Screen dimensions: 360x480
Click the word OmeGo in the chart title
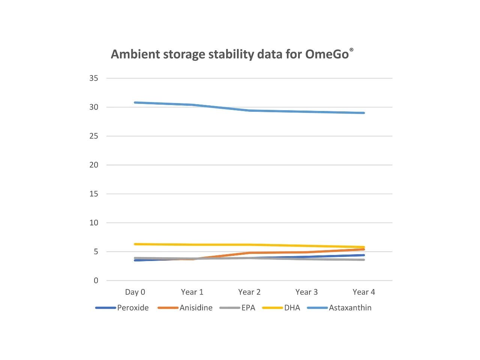(x=327, y=54)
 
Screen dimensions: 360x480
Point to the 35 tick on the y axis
(x=94, y=78)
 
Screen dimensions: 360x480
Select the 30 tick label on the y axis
(x=94, y=107)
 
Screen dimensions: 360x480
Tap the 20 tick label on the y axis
(x=94, y=165)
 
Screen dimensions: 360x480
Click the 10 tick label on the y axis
(x=94, y=223)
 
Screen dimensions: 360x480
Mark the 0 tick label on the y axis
(x=96, y=280)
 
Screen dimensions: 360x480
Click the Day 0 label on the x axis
(x=135, y=292)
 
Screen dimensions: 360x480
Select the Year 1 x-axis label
(x=192, y=292)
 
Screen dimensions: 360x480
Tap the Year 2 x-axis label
(x=249, y=292)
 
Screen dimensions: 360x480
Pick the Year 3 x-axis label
(x=306, y=292)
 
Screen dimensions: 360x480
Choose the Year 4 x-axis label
(x=364, y=292)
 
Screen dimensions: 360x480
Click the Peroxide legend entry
(x=133, y=308)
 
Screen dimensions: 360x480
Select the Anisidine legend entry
(x=196, y=308)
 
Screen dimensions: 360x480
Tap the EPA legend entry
(x=248, y=308)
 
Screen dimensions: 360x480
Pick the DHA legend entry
(x=292, y=308)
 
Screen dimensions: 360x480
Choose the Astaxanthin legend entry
(x=350, y=308)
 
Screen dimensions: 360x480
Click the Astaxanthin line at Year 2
(x=249, y=111)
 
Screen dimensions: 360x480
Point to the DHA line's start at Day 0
(x=135, y=244)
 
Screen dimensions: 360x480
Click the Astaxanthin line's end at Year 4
(x=363, y=113)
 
